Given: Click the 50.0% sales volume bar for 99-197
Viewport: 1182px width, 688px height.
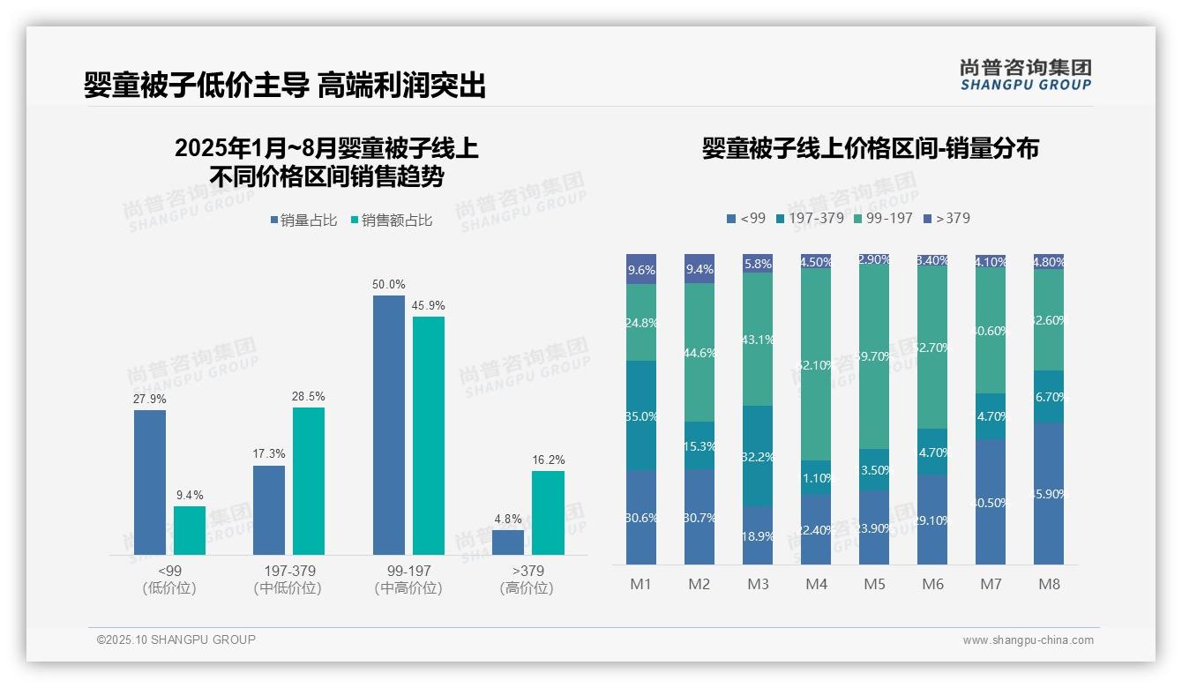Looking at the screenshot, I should [x=388, y=425].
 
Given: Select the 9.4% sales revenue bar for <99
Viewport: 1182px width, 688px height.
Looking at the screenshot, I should [x=189, y=530].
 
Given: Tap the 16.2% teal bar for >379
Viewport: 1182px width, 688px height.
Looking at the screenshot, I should [x=548, y=512].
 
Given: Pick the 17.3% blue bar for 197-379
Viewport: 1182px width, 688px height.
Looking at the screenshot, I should [x=269, y=510].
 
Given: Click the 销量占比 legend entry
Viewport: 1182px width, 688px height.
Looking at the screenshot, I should [x=303, y=221].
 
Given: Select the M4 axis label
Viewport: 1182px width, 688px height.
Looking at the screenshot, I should [x=816, y=584].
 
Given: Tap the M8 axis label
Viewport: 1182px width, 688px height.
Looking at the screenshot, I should [x=1049, y=584].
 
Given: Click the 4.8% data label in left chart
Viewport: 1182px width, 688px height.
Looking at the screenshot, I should [x=508, y=520].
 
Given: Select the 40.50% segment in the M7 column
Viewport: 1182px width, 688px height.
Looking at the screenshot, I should [x=991, y=502].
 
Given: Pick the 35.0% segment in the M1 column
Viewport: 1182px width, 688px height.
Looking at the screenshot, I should [x=641, y=415].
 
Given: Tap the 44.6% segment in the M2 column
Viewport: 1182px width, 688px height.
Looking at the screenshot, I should [x=699, y=352].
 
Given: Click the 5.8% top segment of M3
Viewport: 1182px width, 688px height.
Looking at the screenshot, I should [x=758, y=263].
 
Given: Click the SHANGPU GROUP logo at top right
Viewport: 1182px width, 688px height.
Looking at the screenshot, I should [x=1025, y=75].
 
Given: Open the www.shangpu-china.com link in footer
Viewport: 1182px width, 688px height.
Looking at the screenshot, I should [x=1028, y=640].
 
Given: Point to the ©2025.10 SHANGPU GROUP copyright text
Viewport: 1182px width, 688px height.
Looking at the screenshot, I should [x=176, y=639].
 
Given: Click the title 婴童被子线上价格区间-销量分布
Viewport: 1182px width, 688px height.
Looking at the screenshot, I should [x=870, y=148].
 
